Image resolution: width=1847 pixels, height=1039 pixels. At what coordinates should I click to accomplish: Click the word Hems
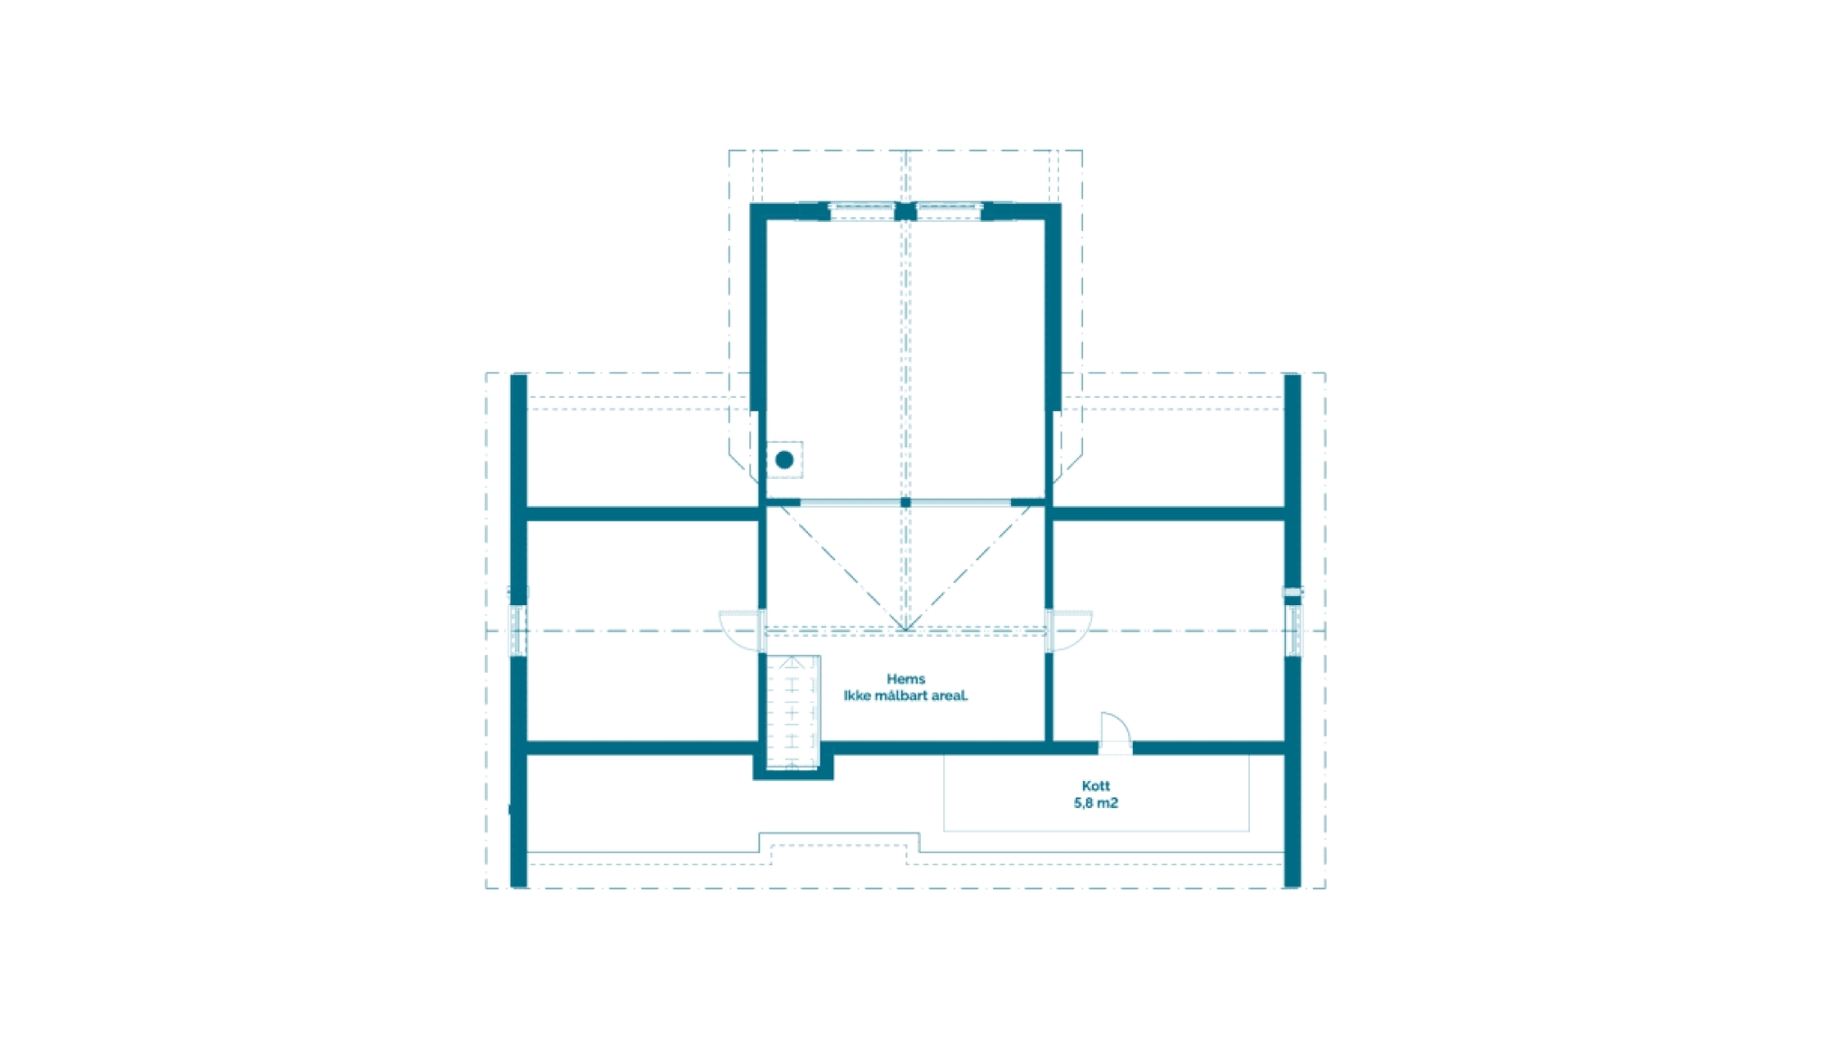[x=905, y=679]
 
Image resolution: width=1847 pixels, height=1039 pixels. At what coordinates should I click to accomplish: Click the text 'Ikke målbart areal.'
[x=905, y=695]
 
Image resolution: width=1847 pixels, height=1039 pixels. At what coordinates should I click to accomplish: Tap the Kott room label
[x=1096, y=786]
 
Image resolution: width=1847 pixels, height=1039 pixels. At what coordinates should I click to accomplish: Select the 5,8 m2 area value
[x=1096, y=803]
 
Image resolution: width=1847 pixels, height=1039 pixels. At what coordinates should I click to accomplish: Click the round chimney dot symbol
[x=785, y=460]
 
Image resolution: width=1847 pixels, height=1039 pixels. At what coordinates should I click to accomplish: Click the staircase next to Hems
[x=793, y=713]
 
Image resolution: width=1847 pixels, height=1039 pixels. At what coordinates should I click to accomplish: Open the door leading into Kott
[x=1116, y=732]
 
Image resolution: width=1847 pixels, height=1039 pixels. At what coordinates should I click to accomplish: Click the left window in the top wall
[x=861, y=211]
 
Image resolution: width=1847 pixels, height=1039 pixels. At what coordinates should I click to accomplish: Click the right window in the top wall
[x=949, y=211]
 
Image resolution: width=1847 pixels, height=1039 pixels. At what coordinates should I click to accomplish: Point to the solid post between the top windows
[x=905, y=212]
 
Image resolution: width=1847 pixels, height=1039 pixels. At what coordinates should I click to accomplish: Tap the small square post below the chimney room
[x=905, y=502]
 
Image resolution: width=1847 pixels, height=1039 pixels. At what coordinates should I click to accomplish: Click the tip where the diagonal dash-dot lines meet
[x=905, y=630]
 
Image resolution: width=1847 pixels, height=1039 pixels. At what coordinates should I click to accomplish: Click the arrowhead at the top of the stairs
[x=792, y=663]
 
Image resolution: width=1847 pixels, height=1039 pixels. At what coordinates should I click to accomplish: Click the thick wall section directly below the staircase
[x=793, y=774]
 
